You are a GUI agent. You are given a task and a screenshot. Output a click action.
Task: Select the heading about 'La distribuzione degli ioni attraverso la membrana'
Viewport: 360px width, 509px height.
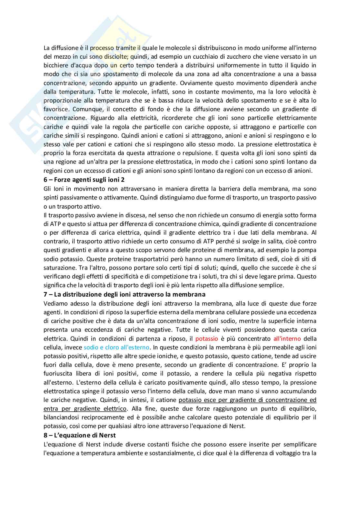point(125,294)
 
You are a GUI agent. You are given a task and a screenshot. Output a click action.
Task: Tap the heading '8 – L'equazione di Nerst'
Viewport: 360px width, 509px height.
point(80,435)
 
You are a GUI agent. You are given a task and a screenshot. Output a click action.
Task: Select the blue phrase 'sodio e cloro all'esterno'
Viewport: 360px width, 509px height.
point(117,347)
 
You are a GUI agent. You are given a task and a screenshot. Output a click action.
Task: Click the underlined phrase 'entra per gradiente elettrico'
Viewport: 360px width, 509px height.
point(85,409)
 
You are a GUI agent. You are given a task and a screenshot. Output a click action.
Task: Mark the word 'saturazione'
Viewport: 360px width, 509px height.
point(57,268)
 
